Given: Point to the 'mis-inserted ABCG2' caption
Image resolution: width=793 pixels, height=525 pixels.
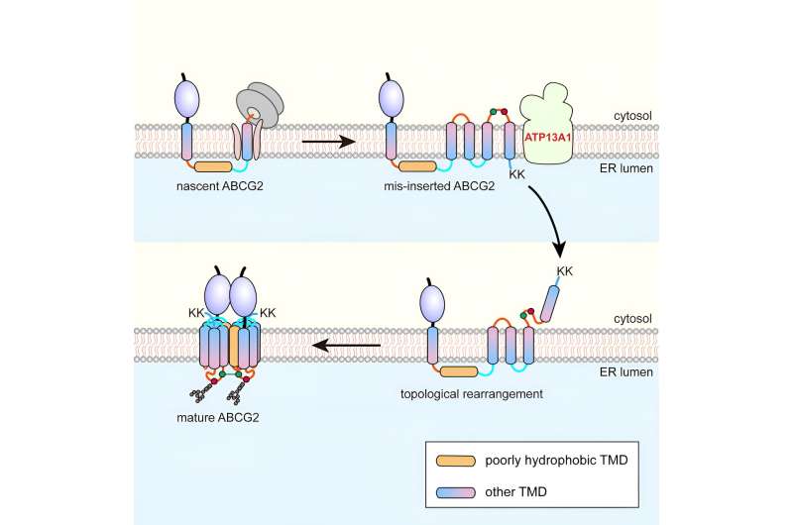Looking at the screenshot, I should pos(440,185).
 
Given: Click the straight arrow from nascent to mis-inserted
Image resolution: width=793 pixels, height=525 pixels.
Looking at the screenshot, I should pos(328,142).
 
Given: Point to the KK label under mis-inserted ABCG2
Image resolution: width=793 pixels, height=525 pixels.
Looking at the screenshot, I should pos(516,171).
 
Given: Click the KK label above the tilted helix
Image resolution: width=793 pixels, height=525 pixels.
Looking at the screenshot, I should pos(565,269).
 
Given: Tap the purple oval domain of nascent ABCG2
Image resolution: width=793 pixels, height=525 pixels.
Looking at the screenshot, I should pos(186,100).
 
